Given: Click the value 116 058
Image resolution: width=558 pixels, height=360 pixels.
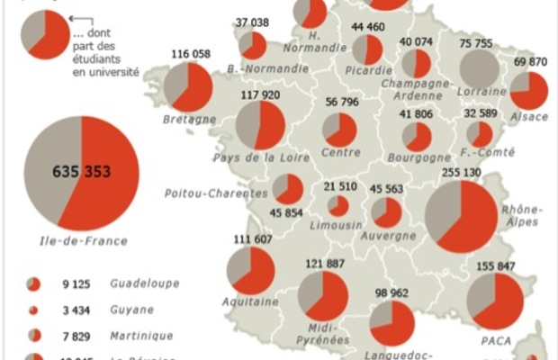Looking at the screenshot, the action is [x=190, y=54].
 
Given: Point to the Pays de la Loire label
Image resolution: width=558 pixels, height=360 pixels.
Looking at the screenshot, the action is [x=256, y=158].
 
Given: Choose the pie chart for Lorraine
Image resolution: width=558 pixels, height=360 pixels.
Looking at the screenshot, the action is [x=479, y=68].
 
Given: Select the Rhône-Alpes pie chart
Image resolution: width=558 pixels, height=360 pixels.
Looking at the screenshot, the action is [x=460, y=216].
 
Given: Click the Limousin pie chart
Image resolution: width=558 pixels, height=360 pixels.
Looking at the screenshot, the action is [x=338, y=206].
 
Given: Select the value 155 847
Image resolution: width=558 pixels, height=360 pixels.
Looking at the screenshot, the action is [x=498, y=266].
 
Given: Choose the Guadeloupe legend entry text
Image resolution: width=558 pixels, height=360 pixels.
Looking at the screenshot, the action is [x=145, y=283].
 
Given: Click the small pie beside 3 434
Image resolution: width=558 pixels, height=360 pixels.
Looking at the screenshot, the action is [x=34, y=310].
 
